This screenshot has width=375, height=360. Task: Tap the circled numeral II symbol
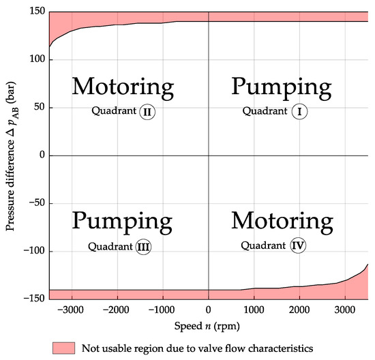click(147, 112)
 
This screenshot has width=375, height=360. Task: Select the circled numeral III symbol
click(142, 247)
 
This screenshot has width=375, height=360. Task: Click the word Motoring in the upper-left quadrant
click(123, 87)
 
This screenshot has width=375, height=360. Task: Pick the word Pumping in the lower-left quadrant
click(123, 222)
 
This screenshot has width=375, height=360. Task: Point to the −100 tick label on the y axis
click(32, 251)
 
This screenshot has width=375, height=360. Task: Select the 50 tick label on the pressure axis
click(38, 107)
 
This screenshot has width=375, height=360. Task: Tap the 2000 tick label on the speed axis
click(299, 308)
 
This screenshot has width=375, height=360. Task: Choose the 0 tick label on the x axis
click(208, 308)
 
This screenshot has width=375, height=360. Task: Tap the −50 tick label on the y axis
click(35, 203)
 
